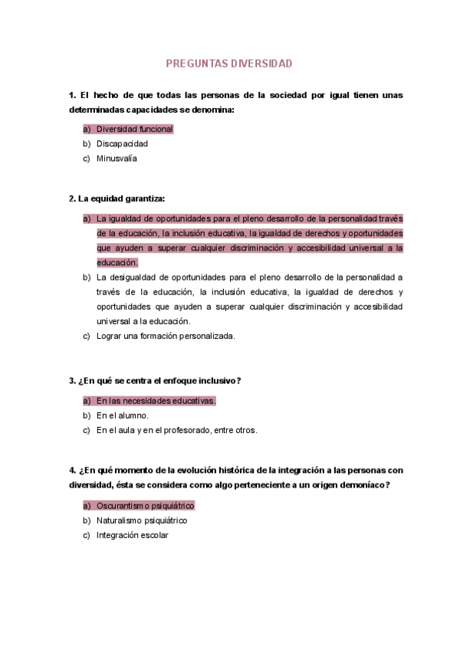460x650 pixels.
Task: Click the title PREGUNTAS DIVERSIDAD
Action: click(229, 64)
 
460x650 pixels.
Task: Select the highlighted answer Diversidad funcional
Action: click(135, 129)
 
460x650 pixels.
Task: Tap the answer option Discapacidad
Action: click(122, 143)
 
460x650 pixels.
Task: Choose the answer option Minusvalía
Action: click(117, 159)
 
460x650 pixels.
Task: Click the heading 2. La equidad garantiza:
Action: click(117, 199)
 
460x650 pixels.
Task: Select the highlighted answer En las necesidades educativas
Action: click(156, 400)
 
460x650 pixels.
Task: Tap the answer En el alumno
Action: click(123, 415)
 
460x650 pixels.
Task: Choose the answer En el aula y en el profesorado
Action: click(176, 430)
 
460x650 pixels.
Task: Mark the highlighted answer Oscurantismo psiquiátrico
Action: click(145, 506)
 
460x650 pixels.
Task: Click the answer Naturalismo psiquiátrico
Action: click(142, 520)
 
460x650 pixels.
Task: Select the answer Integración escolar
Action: click(132, 535)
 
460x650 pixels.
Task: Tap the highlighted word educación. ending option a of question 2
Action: click(117, 262)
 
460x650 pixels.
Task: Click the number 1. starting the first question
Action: click(73, 95)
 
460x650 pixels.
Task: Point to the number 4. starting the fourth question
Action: click(73, 470)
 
